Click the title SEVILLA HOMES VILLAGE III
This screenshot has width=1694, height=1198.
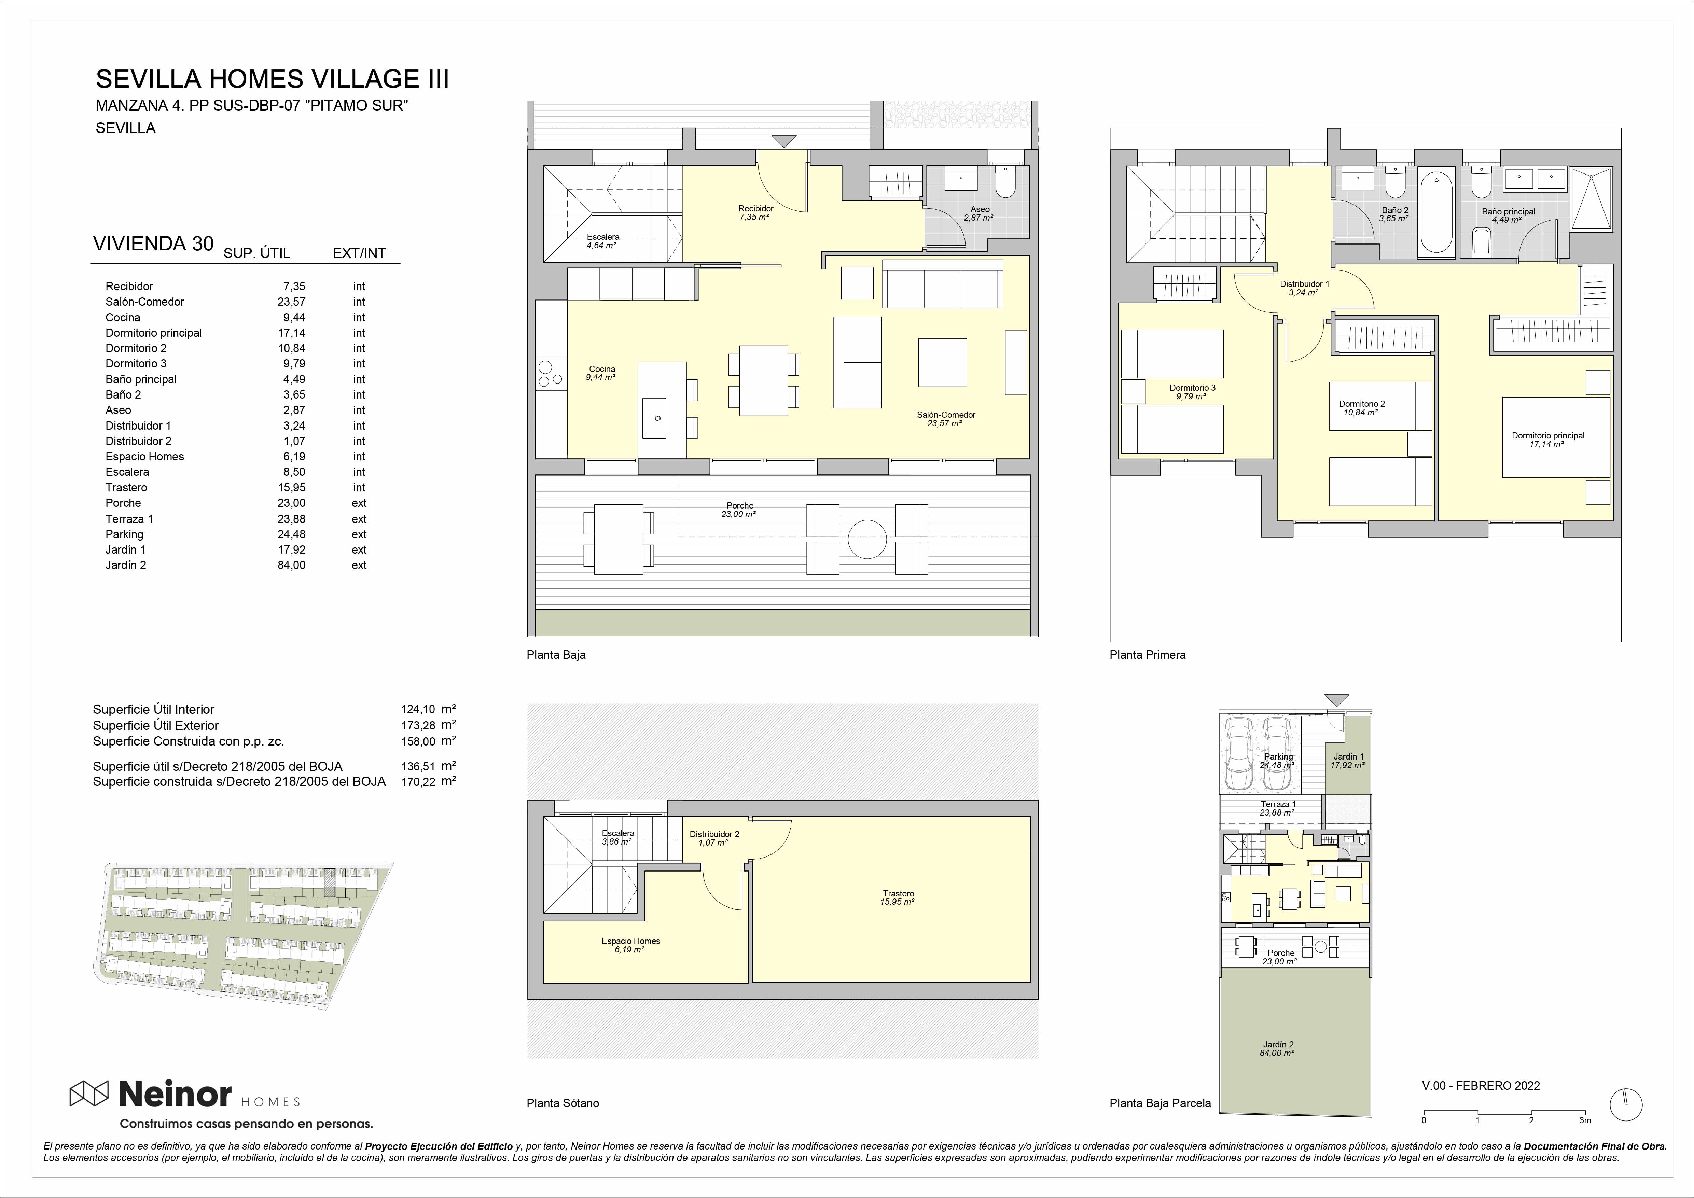pyautogui.click(x=272, y=79)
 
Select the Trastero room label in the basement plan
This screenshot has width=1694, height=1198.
pyautogui.click(x=898, y=893)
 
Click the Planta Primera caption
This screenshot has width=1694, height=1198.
pyautogui.click(x=1147, y=654)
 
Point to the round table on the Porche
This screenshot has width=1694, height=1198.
pyautogui.click(x=867, y=539)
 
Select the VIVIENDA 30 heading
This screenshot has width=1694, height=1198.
pyautogui.click(x=153, y=244)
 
